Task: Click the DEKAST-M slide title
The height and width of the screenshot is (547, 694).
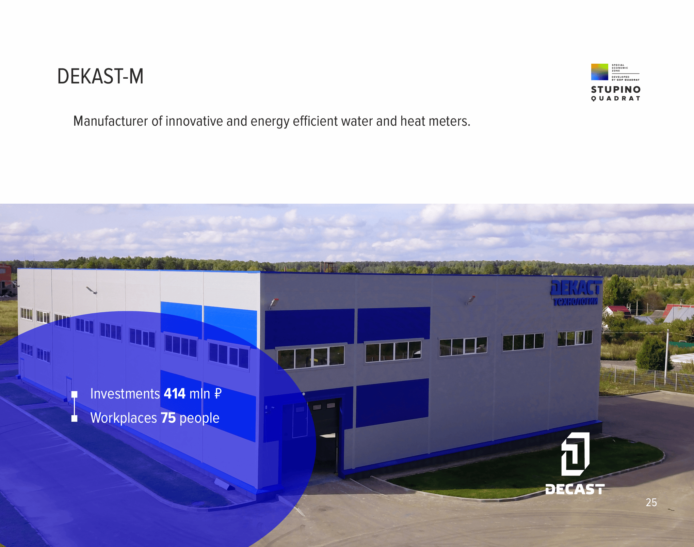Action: pos(100,76)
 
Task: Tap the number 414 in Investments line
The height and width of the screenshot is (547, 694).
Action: pos(175,394)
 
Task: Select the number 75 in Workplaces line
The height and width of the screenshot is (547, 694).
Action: pos(168,418)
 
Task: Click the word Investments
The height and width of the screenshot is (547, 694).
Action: pos(125,394)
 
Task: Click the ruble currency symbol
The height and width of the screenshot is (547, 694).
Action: pos(218,394)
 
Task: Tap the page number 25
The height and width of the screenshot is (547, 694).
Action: pos(651,502)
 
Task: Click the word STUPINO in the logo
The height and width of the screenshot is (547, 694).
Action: pos(616,90)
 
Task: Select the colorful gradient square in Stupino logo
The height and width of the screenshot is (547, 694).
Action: pos(600,72)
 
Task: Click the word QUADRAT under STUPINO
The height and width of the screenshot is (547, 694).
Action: pos(616,98)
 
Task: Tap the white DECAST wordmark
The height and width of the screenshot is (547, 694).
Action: pos(575,489)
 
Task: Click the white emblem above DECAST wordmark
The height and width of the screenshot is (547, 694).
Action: pos(575,454)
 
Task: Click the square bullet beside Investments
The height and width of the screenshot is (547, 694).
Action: pos(75,394)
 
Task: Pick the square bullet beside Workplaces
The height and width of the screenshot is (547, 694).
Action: pos(75,419)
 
